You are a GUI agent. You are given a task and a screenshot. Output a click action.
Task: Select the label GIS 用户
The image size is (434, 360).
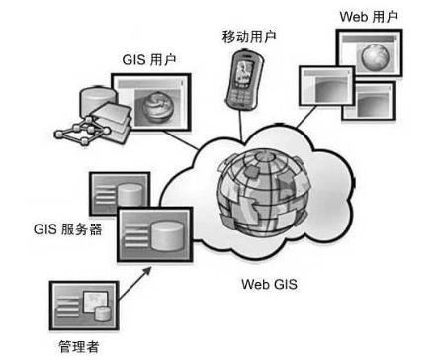147,58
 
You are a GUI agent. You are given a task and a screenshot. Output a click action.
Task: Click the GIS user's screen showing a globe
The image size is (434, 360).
154,104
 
